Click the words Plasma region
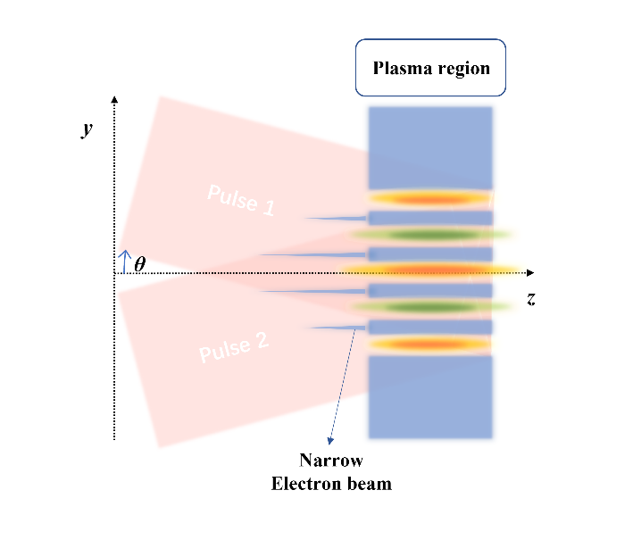[x=431, y=68]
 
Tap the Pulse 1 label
[x=241, y=200]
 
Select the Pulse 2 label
[x=234, y=347]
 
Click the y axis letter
[x=87, y=129]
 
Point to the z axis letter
[x=531, y=299]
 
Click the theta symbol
[x=139, y=264]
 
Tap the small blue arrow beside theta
[x=125, y=262]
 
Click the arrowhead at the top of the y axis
[x=114, y=99]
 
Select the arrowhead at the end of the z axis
[x=530, y=273]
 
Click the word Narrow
[x=331, y=461]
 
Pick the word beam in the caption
[x=370, y=484]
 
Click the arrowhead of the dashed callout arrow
[x=330, y=441]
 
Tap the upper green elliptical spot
[x=430, y=235]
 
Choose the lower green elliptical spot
[x=430, y=307]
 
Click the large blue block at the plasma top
[x=430, y=147]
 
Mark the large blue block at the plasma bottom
[x=430, y=397]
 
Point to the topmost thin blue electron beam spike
[x=336, y=219]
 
